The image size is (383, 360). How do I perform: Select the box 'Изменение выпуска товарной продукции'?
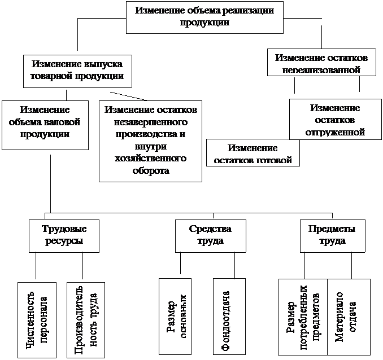point(77,71)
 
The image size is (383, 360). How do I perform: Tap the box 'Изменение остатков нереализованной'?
point(323,63)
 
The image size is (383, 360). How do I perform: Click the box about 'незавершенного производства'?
point(150,141)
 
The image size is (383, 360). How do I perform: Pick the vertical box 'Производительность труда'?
point(85,319)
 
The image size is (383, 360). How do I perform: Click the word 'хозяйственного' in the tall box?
point(150,159)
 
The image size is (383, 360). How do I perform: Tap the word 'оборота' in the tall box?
point(150,171)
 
